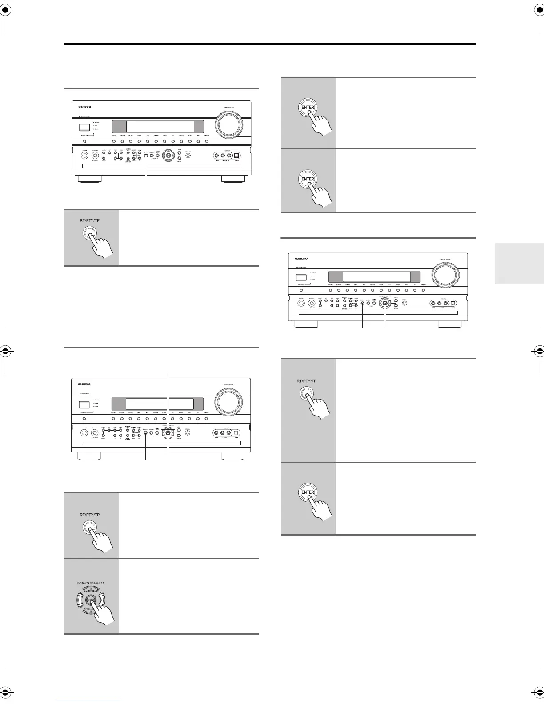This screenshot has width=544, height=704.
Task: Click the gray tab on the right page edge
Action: point(519,263)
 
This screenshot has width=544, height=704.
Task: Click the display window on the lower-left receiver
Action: point(158,404)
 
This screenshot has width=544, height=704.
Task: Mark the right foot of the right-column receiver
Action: point(450,324)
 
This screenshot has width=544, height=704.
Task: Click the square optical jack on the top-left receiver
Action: point(237,156)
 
